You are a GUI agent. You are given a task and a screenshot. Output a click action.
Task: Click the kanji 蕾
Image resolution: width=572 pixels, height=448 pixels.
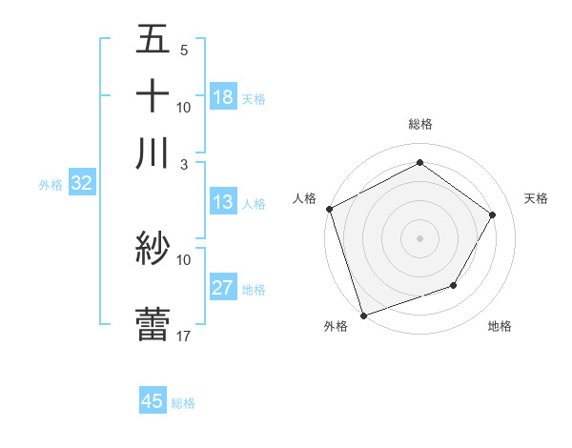(153, 323)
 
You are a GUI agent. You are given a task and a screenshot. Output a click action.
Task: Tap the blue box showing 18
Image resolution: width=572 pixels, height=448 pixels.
(223, 97)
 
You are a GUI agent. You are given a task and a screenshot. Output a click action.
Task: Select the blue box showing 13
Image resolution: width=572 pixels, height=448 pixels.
(223, 202)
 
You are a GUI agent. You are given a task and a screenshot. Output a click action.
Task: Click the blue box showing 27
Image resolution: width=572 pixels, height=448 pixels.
(223, 288)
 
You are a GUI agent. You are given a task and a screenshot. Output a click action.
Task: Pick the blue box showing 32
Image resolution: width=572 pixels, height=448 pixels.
(81, 184)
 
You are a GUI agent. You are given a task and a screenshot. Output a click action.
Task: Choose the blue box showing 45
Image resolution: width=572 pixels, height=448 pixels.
(153, 401)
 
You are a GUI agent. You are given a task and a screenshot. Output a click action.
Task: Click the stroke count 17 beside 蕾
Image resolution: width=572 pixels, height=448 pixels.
(184, 335)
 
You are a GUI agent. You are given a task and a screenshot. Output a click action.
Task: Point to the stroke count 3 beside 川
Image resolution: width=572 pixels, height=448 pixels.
(184, 164)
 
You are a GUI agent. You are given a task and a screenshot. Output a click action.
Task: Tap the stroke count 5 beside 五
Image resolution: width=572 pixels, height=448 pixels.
(184, 51)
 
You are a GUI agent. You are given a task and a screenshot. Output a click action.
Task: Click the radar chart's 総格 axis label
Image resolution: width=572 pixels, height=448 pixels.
(419, 124)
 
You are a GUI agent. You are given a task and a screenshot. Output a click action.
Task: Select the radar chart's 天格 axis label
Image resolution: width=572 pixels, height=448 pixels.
(537, 198)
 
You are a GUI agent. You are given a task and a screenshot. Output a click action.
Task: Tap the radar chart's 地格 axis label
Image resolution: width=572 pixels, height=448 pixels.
(500, 326)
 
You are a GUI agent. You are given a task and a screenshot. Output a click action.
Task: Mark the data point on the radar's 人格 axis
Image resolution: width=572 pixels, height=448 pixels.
(329, 209)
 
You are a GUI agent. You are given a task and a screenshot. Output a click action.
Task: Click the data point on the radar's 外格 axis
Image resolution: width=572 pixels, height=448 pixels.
(363, 315)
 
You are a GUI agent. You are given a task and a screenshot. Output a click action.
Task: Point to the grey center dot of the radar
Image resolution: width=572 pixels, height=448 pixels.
(419, 237)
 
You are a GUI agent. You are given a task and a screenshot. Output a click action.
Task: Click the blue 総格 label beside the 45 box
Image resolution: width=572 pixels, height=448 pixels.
(184, 403)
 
